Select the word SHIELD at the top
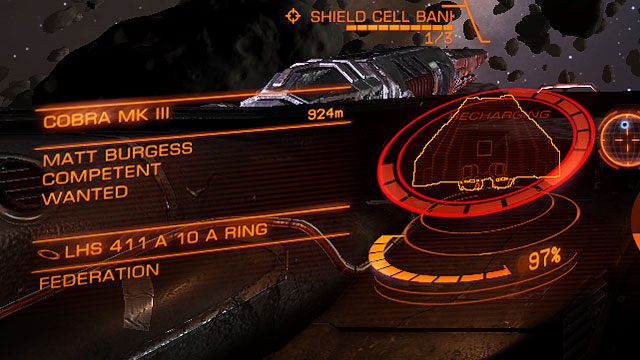(340, 16)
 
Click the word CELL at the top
(396, 16)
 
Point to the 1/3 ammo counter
(437, 37)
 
